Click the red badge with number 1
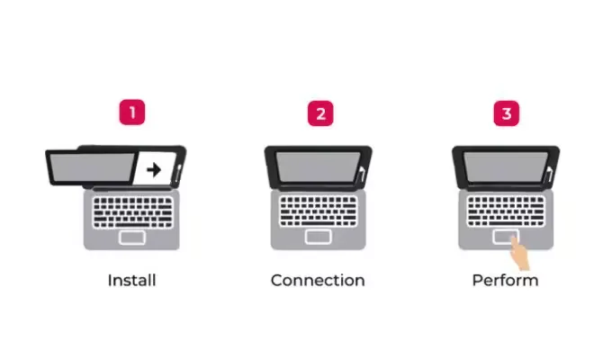coord(132,113)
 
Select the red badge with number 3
coord(506,113)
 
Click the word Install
coord(131,280)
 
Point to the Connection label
coord(318,280)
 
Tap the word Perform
coord(505,280)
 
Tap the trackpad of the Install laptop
coord(131,237)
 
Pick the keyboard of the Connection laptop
coord(318,211)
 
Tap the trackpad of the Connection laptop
coord(318,237)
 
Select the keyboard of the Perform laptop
coord(505,211)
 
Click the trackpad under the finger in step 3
coord(500,236)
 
